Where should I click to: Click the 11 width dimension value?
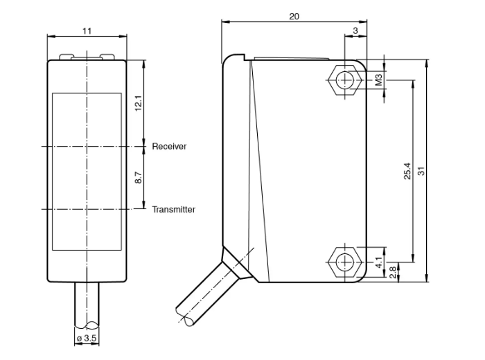pyautogui.click(x=87, y=31)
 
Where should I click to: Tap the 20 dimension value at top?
pyautogui.click(x=294, y=17)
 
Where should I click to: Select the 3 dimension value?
pyautogui.click(x=355, y=30)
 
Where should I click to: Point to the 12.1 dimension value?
pyautogui.click(x=139, y=103)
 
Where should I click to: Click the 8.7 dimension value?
pyautogui.click(x=139, y=177)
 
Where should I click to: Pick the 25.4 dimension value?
pyautogui.click(x=407, y=171)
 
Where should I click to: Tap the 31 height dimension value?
pyautogui.click(x=421, y=171)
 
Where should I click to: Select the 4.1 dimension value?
pyautogui.click(x=378, y=262)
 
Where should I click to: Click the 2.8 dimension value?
pyautogui.click(x=393, y=272)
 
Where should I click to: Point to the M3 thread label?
pyautogui.click(x=378, y=80)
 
